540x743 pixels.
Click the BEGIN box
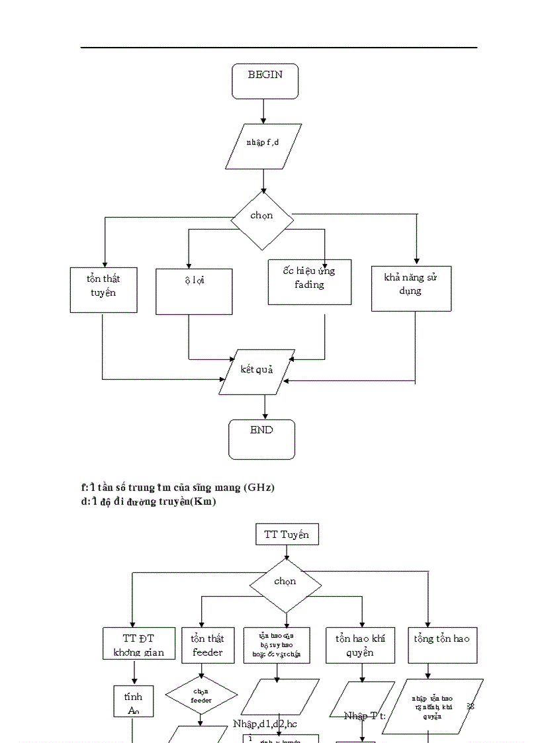pyautogui.click(x=265, y=81)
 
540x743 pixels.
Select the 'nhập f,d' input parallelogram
pyautogui.click(x=263, y=146)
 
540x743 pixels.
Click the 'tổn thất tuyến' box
pyautogui.click(x=103, y=290)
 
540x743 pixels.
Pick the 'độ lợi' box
pyautogui.click(x=194, y=291)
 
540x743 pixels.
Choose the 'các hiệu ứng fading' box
pyautogui.click(x=309, y=282)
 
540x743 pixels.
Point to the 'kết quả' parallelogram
pyautogui.click(x=257, y=372)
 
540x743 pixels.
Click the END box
pyautogui.click(x=262, y=439)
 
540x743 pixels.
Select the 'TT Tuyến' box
pyautogui.click(x=287, y=535)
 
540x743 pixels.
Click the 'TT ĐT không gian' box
pyautogui.click(x=139, y=644)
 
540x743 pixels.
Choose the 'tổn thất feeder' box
pyautogui.click(x=208, y=644)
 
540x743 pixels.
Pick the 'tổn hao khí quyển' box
pyautogui.click(x=360, y=645)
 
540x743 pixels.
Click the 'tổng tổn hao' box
pyautogui.click(x=442, y=645)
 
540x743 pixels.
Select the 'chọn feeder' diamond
pyautogui.click(x=201, y=695)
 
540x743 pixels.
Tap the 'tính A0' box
pyautogui.click(x=133, y=702)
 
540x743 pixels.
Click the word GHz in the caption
pyautogui.click(x=258, y=488)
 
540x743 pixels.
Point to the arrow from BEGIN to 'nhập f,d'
pyautogui.click(x=263, y=111)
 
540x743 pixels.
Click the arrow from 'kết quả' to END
pyautogui.click(x=265, y=407)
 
